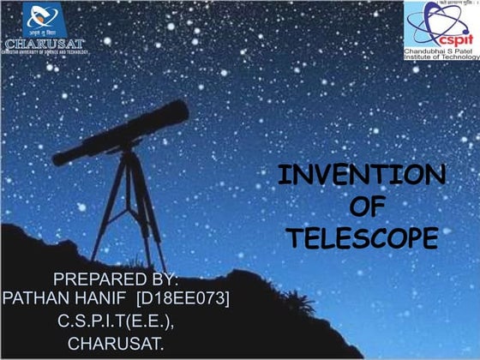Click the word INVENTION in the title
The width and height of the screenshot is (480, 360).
point(361,176)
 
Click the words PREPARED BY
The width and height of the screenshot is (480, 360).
point(116,279)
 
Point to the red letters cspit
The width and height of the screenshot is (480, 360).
point(453,35)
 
